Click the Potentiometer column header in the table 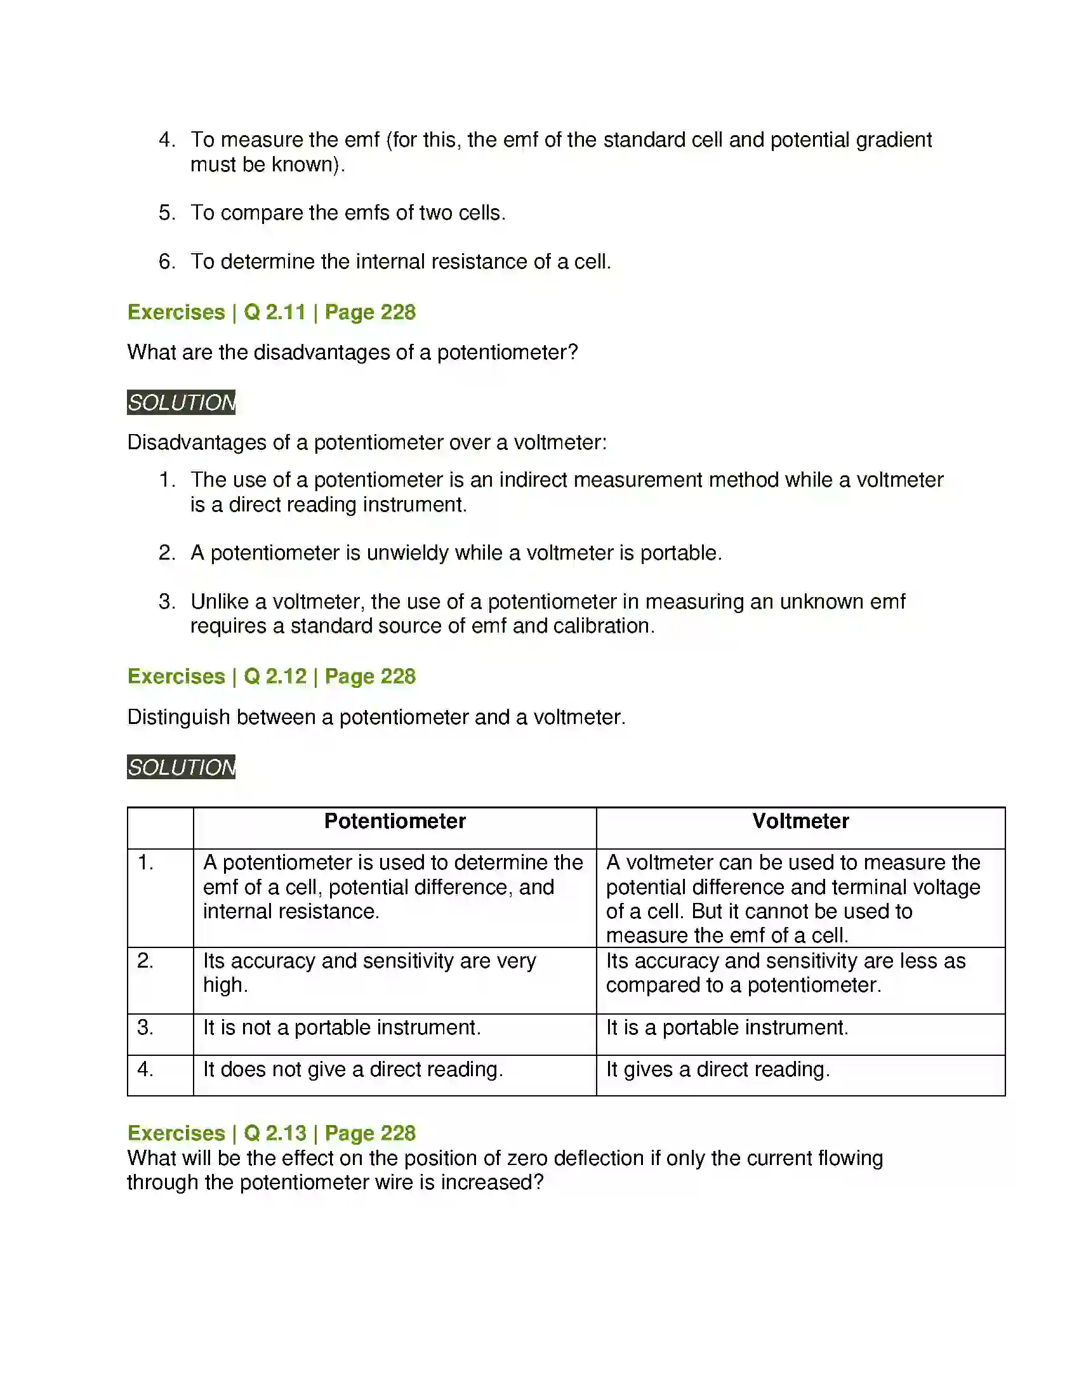(394, 821)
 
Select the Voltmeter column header (800, 821)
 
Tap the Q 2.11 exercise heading (272, 312)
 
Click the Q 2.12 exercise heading (272, 676)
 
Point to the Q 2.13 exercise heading (272, 1133)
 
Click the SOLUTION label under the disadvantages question (181, 403)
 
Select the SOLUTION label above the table (181, 767)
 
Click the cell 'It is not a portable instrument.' (342, 1027)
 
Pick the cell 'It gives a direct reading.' (718, 1069)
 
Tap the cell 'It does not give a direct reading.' (353, 1069)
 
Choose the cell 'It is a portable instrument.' (727, 1027)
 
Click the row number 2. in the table (145, 961)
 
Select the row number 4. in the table (145, 1069)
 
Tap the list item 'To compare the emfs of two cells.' (348, 213)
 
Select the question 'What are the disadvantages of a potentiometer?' (352, 352)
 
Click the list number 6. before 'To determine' (167, 261)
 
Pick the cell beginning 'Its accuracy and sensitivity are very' (369, 973)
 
